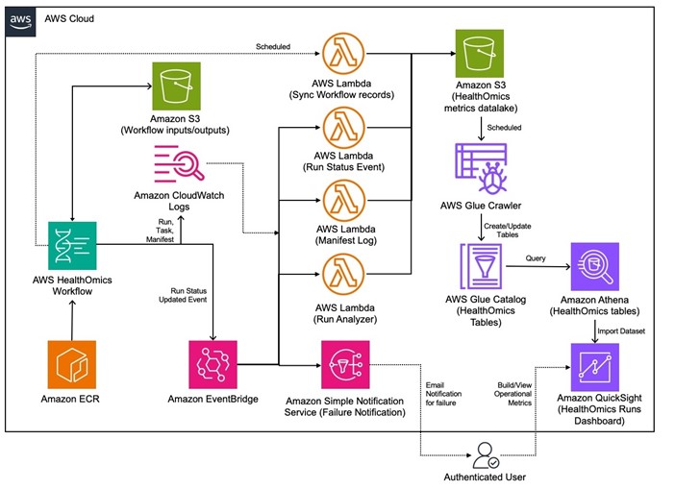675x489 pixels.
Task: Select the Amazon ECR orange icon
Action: tap(73, 364)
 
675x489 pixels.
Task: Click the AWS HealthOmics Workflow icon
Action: tap(73, 244)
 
